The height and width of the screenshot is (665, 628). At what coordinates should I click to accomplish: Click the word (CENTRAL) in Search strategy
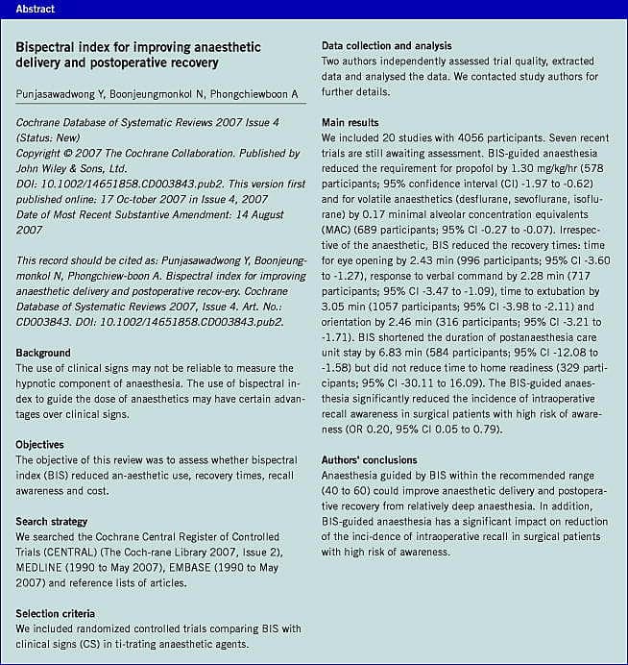pos(52,552)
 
